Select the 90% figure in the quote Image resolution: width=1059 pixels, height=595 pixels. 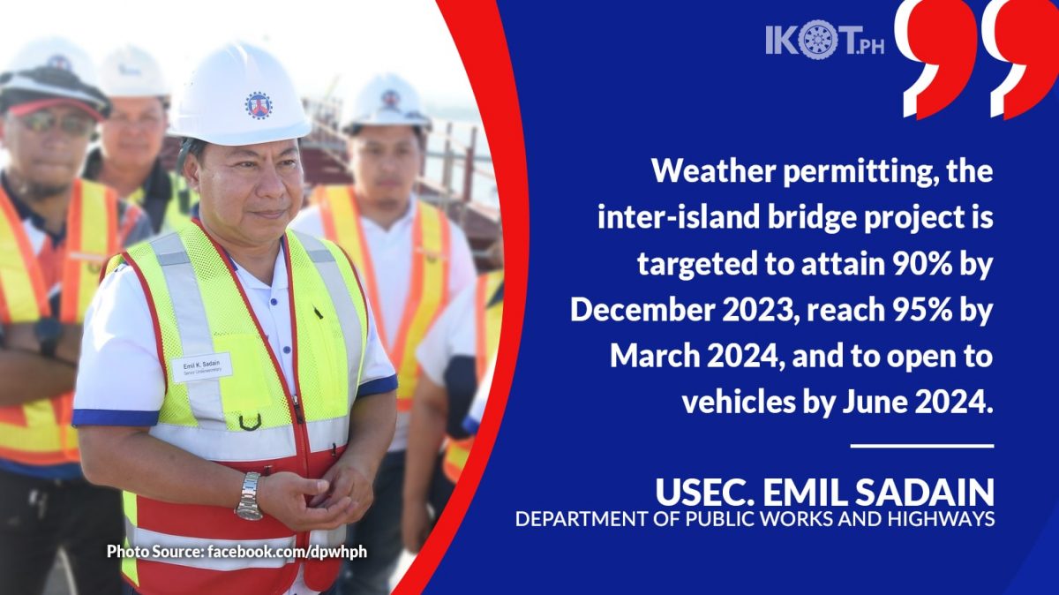pyautogui.click(x=921, y=263)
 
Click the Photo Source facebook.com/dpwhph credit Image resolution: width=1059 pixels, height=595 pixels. pyautogui.click(x=237, y=552)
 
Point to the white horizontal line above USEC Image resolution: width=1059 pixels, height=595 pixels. pyautogui.click(x=922, y=446)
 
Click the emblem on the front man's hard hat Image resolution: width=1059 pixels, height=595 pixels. pyautogui.click(x=258, y=105)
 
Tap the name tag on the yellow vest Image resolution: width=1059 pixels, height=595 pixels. pyautogui.click(x=202, y=367)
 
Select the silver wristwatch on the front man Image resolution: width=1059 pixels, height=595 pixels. pyautogui.click(x=249, y=497)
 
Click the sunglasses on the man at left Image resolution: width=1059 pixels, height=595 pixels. pyautogui.click(x=56, y=123)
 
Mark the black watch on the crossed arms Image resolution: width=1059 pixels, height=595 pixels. pyautogui.click(x=49, y=336)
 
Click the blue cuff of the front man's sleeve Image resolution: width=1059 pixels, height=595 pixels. pyautogui.click(x=115, y=418)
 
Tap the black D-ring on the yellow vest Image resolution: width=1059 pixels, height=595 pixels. pyautogui.click(x=250, y=422)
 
